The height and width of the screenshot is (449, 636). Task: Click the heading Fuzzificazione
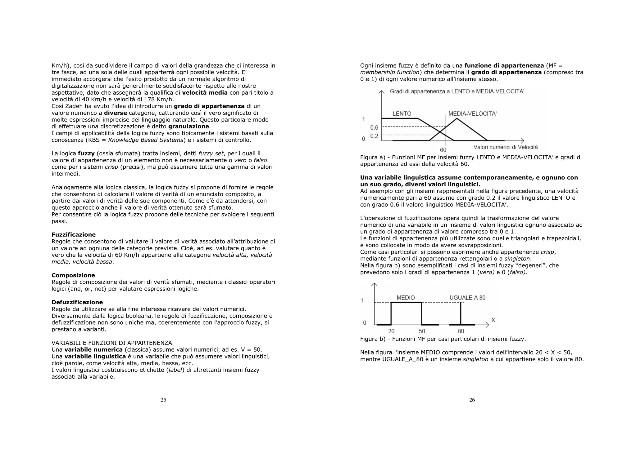[74, 235]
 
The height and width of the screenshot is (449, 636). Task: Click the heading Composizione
[73, 275]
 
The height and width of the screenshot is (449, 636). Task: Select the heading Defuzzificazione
[77, 302]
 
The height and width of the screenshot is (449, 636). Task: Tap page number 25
[163, 400]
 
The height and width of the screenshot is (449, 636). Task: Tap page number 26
[472, 400]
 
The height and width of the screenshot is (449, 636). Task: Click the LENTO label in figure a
[402, 114]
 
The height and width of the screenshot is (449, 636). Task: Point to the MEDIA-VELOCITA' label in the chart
[472, 114]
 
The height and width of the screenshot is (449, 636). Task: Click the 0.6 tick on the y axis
[374, 128]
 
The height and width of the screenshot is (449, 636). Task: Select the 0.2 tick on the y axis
[374, 136]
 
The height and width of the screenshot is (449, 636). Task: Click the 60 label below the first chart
[443, 150]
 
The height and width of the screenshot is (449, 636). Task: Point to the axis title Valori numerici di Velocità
[505, 147]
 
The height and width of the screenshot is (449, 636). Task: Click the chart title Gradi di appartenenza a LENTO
[457, 91]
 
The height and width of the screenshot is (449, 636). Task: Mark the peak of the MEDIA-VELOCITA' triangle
[457, 118]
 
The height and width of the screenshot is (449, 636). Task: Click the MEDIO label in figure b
[406, 298]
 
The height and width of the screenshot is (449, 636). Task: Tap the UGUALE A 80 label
[467, 298]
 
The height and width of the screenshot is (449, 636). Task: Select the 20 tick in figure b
[391, 331]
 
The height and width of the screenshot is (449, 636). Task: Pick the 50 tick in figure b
[422, 331]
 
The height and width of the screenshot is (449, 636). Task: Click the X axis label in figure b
[493, 320]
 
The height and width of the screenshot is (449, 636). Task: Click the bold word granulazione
[189, 127]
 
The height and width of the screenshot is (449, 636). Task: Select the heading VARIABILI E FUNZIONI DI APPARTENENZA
[112, 343]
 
